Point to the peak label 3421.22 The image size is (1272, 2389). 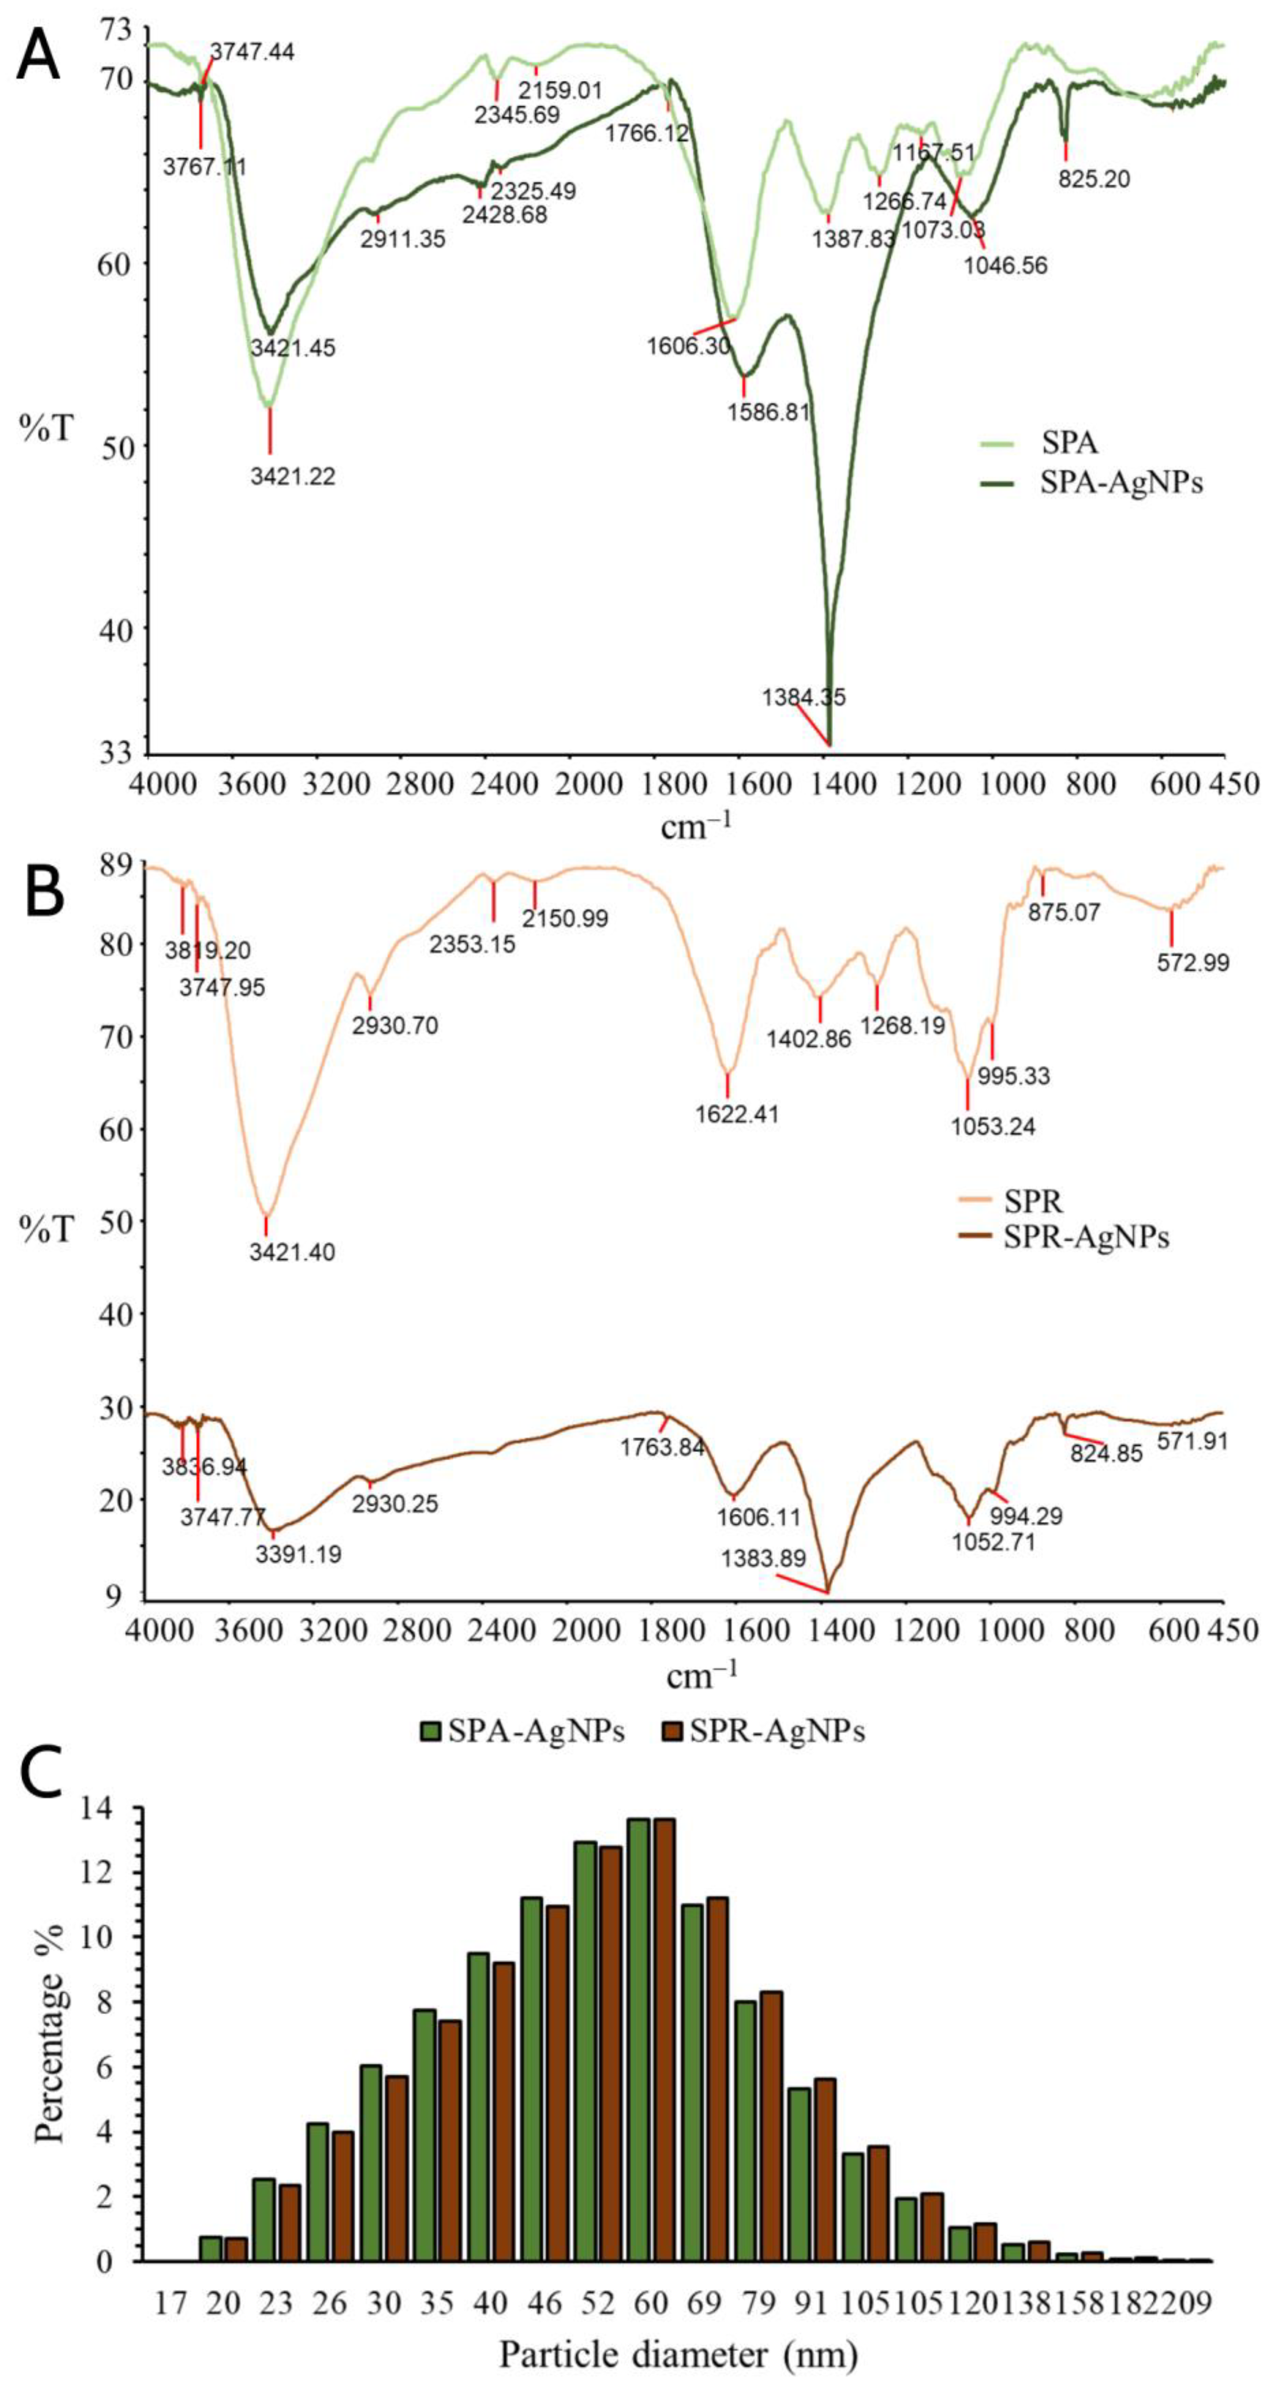pyautogui.click(x=292, y=477)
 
